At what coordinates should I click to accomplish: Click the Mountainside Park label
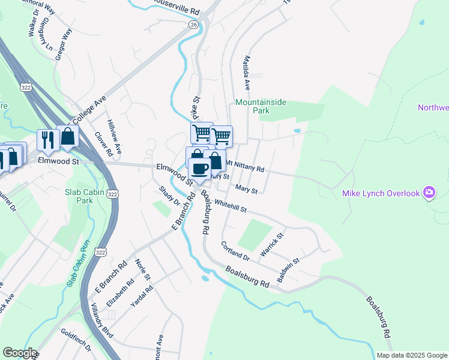click(x=261, y=106)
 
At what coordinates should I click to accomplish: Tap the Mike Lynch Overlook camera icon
click(x=429, y=193)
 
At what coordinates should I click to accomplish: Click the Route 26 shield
click(x=193, y=25)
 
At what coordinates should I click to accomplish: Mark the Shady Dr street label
click(x=169, y=196)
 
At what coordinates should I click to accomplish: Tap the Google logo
click(x=20, y=353)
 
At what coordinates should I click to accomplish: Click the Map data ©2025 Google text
click(x=412, y=355)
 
